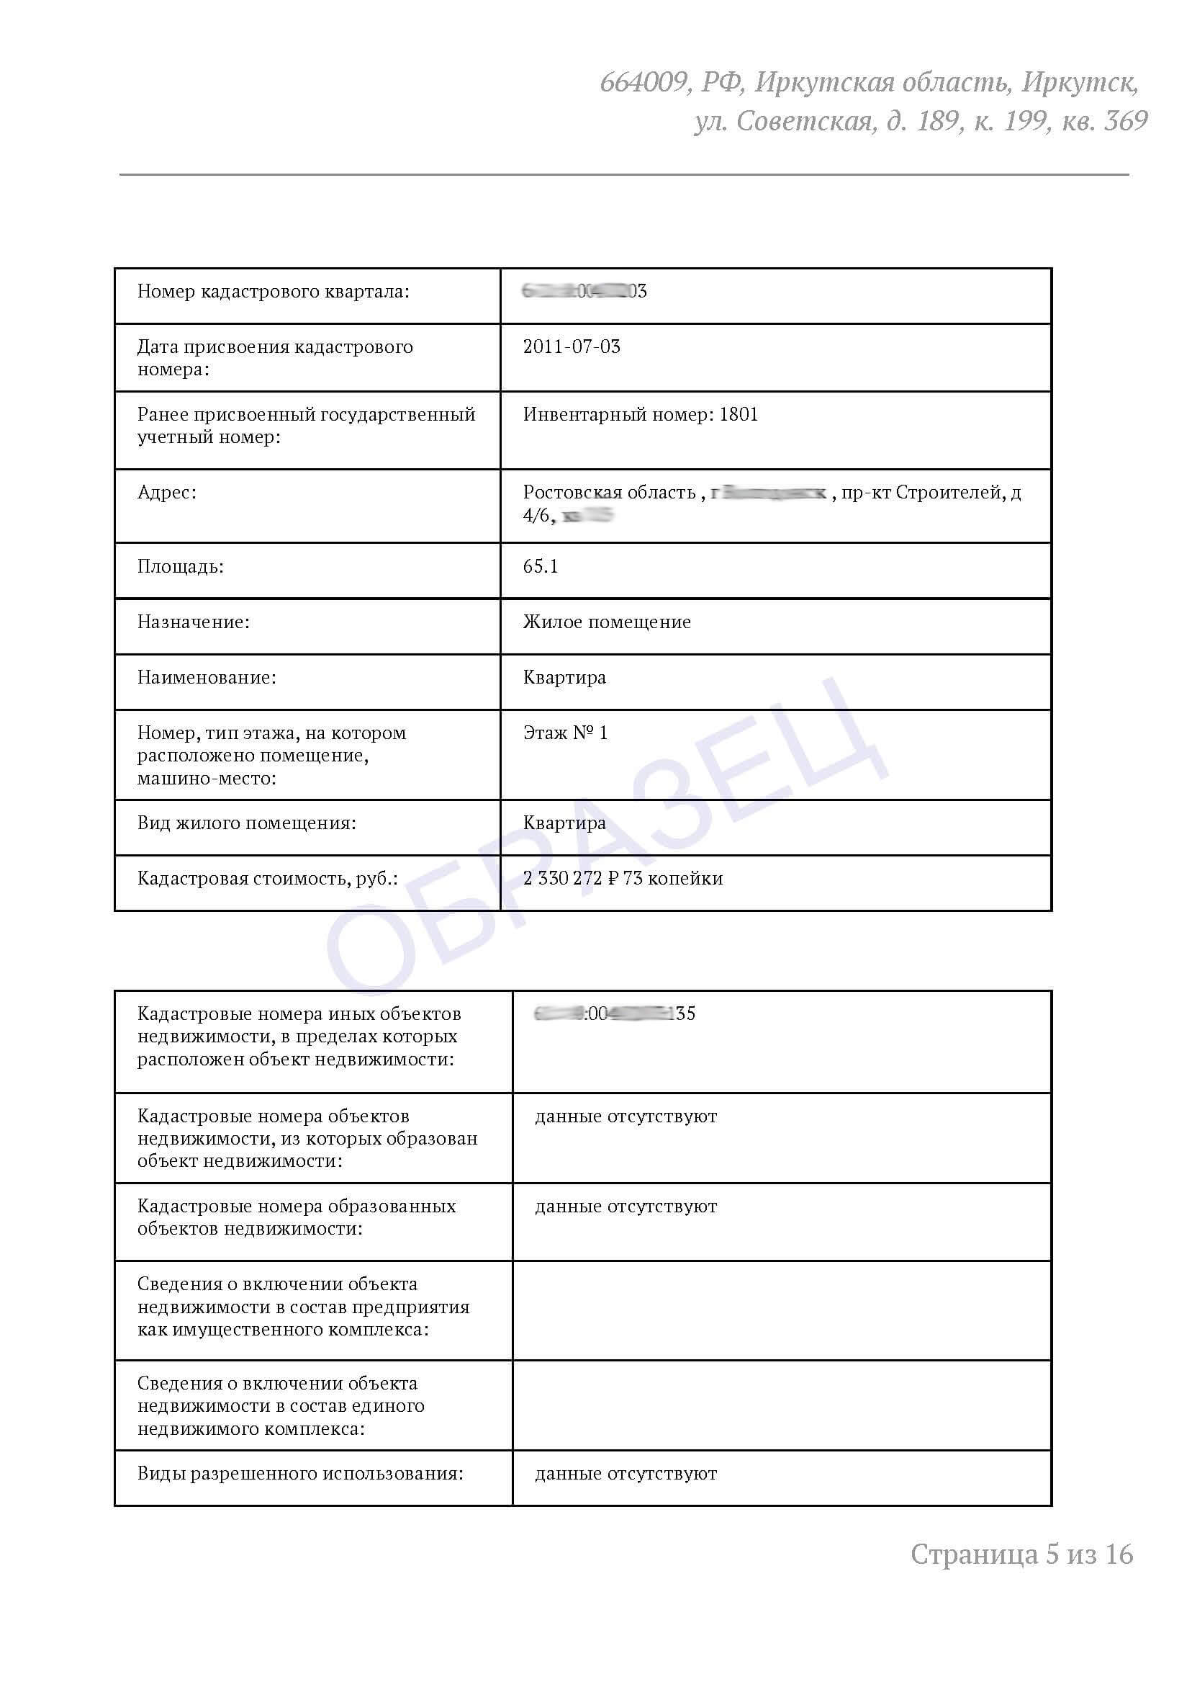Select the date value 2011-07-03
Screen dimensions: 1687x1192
pos(572,346)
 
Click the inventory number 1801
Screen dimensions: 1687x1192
pos(738,414)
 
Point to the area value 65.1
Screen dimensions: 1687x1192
pos(541,566)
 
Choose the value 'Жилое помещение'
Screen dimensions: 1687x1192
pos(607,622)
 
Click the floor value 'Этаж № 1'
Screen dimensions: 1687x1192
pos(565,733)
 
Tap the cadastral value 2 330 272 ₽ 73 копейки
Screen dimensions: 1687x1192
pos(623,878)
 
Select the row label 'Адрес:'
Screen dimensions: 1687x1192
pos(167,492)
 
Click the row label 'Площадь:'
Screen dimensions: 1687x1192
pos(180,566)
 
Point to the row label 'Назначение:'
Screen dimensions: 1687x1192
pos(193,622)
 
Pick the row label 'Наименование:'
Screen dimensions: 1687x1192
pos(207,677)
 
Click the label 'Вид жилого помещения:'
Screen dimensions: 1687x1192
pos(246,823)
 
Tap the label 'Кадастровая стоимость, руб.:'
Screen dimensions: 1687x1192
pos(267,878)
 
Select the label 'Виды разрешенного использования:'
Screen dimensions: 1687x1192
pos(299,1473)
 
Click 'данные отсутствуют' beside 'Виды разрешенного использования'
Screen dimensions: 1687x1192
pos(626,1473)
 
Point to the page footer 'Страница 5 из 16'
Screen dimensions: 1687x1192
pos(1021,1554)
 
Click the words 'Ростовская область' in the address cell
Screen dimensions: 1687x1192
pos(609,492)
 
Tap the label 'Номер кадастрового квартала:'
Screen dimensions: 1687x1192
pos(274,292)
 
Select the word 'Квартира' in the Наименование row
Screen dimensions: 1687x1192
pos(564,677)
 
